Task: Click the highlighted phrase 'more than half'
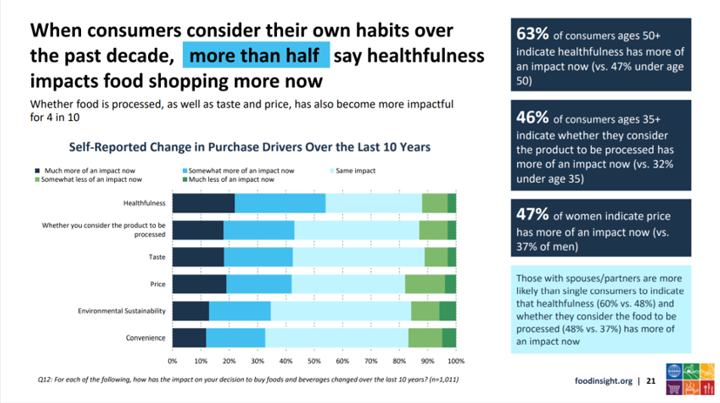click(x=256, y=55)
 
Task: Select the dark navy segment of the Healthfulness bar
click(x=204, y=203)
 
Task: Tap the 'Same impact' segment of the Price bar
click(x=348, y=285)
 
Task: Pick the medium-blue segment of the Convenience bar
click(x=235, y=339)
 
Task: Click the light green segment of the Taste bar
click(x=436, y=258)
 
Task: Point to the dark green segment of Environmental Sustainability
click(x=447, y=312)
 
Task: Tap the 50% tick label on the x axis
click(x=314, y=360)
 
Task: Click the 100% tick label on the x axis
click(x=454, y=360)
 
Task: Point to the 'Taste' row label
click(x=157, y=258)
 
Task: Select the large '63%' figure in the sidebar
click(x=532, y=36)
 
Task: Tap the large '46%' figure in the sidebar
click(x=533, y=118)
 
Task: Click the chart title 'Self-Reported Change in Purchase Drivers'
click(x=243, y=147)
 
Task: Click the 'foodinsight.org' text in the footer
click(x=604, y=381)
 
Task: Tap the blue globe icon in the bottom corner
click(x=675, y=369)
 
